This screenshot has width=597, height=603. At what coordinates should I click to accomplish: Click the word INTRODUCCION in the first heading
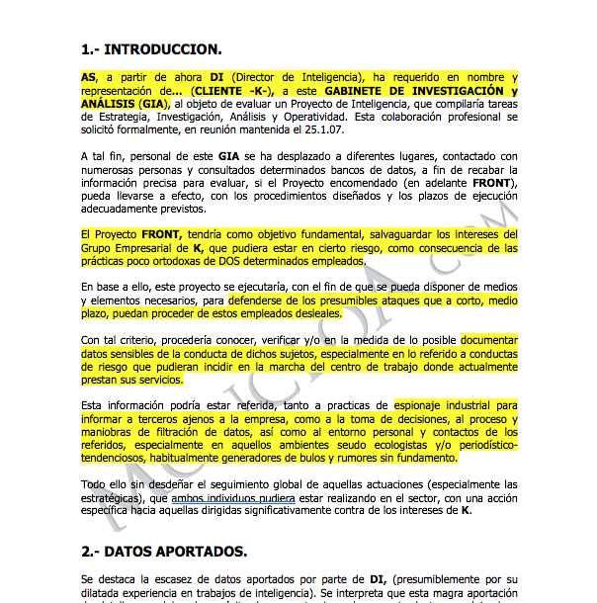[163, 48]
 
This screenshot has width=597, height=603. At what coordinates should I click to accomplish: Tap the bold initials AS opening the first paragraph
[89, 76]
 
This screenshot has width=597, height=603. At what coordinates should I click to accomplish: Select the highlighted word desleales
[310, 313]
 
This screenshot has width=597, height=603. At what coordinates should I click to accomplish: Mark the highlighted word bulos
[326, 459]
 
